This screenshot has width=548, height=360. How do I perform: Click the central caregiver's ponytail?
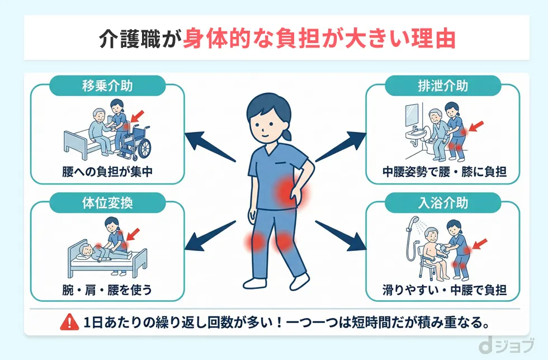coord(288,134)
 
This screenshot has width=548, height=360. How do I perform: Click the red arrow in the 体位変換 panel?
coord(135,231)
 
